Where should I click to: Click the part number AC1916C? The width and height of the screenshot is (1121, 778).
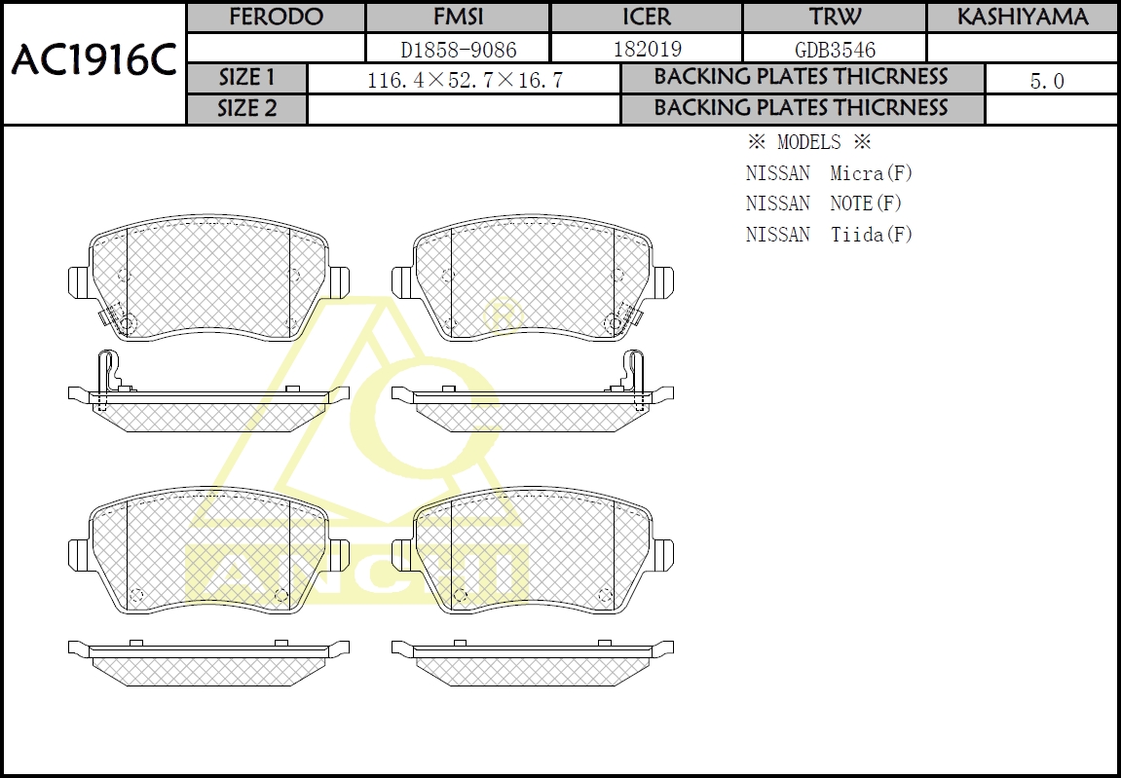coord(93,61)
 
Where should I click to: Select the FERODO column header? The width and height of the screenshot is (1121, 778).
coord(276,18)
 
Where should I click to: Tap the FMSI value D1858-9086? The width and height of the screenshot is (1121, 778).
coord(459,50)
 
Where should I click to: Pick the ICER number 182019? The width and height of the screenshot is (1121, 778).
coord(648,49)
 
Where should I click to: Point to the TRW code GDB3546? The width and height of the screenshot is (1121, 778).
coord(835,50)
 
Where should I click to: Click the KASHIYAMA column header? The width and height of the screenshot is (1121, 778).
coord(1023,18)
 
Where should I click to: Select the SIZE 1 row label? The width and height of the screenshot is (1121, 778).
coord(246,77)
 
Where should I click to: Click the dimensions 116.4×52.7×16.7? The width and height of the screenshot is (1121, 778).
coord(465,80)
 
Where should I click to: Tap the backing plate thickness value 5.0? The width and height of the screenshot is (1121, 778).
coord(1047,81)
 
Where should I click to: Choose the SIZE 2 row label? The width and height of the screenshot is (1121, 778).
coord(246,109)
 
